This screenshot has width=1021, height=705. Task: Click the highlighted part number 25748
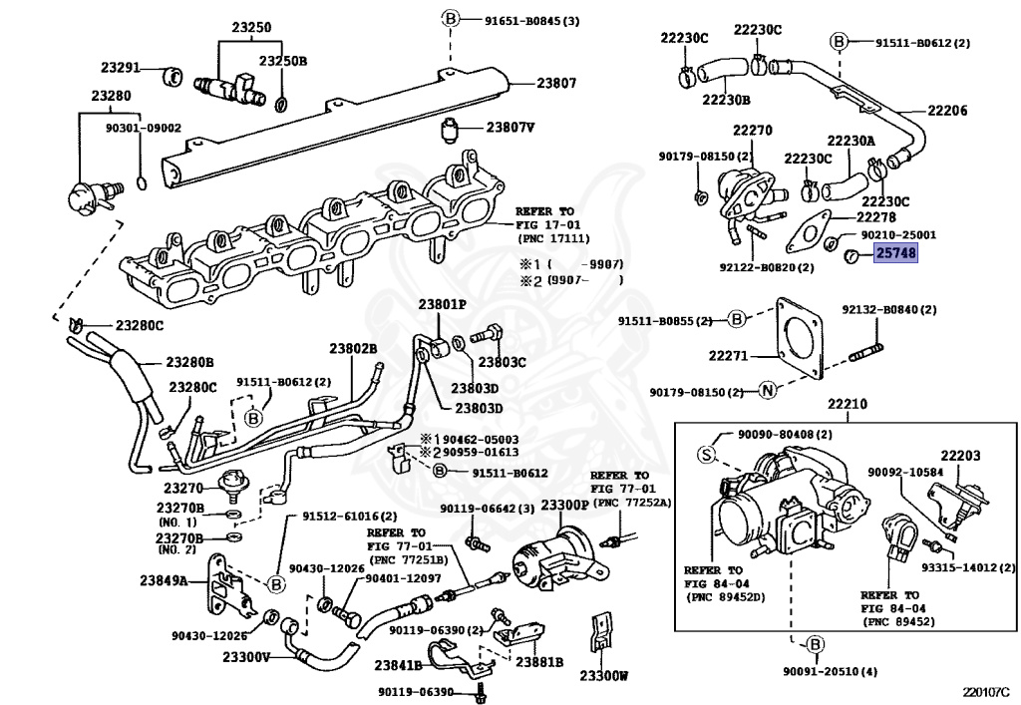tap(896, 253)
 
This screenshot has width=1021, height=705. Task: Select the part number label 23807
tap(556, 84)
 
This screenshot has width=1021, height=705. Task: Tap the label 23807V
tap(510, 128)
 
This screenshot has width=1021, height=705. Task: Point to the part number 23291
tap(122, 69)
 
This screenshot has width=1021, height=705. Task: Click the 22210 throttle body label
tap(847, 405)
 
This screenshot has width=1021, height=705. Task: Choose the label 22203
tap(960, 456)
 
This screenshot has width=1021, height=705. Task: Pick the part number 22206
tap(947, 111)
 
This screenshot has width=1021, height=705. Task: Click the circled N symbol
tap(767, 390)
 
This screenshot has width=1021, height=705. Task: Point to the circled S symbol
tap(707, 455)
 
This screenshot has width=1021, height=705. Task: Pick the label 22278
tap(875, 215)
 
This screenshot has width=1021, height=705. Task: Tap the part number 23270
tap(182, 489)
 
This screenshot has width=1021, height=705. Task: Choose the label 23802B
tap(353, 348)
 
